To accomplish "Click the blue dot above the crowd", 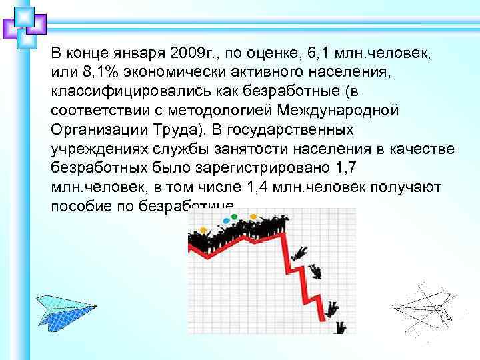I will point(226,221).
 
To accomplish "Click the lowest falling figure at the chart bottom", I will point(341,327).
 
